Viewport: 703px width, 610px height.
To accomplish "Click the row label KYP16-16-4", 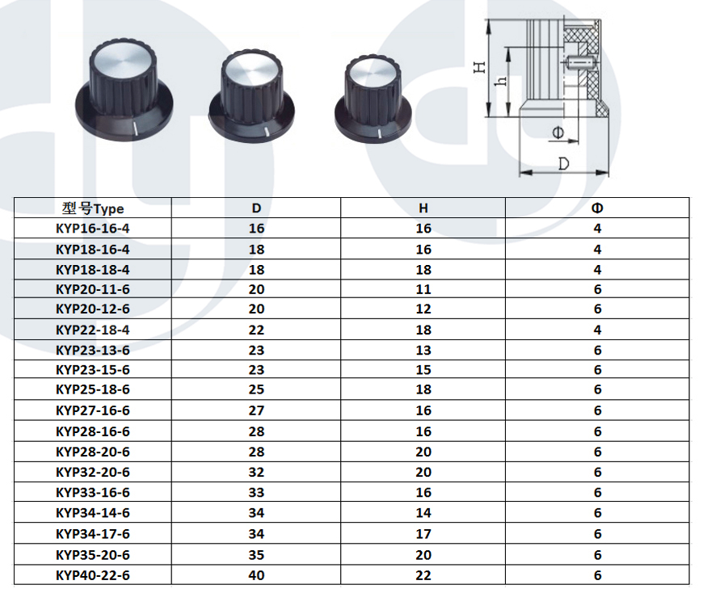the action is [92, 229].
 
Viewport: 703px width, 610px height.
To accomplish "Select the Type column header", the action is [92, 208].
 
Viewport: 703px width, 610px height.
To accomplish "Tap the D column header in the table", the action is [256, 208].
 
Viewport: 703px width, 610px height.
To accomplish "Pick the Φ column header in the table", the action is [597, 208].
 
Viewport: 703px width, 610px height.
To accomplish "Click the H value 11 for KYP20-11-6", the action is [423, 289].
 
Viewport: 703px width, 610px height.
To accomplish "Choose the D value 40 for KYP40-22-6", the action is [256, 575].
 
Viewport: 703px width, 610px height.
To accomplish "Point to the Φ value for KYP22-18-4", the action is [597, 330].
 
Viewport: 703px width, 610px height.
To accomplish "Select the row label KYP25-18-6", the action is [92, 389].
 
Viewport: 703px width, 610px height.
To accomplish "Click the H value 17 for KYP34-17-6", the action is [423, 534].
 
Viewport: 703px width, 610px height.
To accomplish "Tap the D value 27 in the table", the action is [256, 410].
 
